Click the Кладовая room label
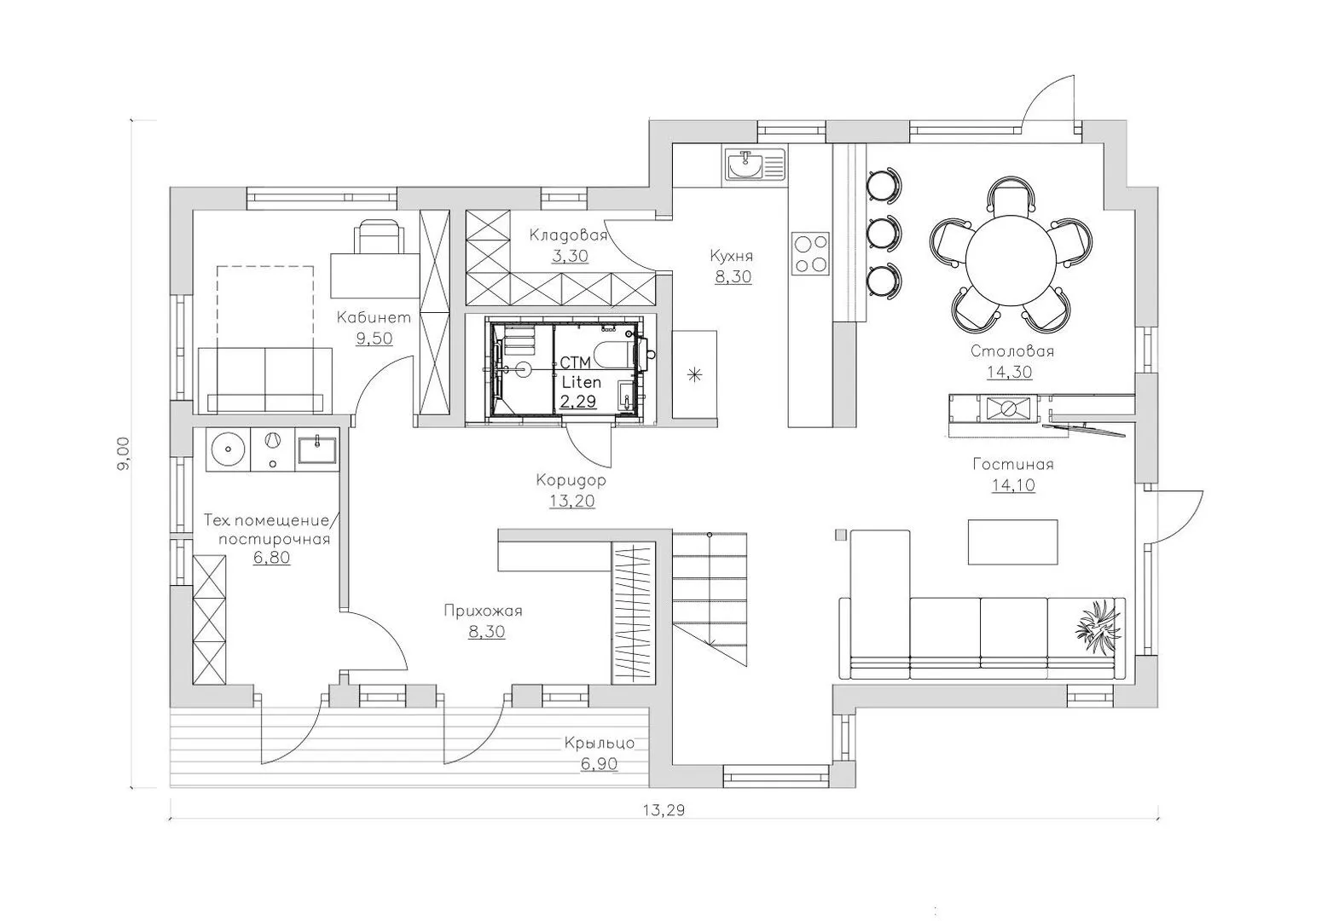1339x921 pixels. (568, 235)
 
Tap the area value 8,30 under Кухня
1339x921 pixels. (733, 276)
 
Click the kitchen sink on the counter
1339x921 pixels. (756, 165)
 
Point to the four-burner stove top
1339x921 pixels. (810, 252)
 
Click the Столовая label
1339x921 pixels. (1012, 350)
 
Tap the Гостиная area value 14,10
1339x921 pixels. (1013, 484)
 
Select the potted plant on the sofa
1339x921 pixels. (1098, 629)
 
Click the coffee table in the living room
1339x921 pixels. (1012, 542)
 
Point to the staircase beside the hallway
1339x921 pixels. (710, 599)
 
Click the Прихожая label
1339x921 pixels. (483, 611)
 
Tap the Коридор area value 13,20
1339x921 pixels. (572, 501)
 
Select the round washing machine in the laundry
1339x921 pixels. (228, 450)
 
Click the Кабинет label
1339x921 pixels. (374, 317)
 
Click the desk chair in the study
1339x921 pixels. (379, 236)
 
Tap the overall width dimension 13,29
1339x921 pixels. (664, 810)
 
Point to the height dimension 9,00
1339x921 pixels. (124, 454)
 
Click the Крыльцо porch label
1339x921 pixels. (599, 744)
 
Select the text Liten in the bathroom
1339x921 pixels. (582, 382)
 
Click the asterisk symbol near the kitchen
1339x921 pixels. (694, 376)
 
